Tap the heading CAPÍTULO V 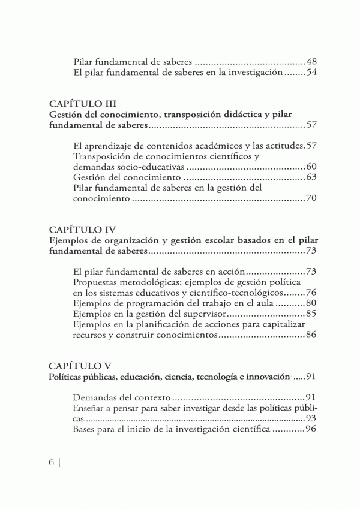(x=79, y=365)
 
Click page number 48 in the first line (x=311, y=61)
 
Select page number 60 (x=311, y=167)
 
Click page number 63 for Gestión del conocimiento (x=311, y=178)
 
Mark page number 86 (x=311, y=336)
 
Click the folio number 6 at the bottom (x=52, y=463)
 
